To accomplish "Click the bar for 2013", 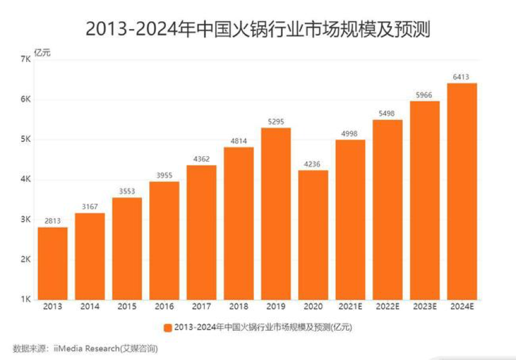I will tap(52, 263).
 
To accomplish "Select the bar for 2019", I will tap(276, 213).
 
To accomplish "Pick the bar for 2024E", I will tap(462, 191).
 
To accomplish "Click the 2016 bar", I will tap(164, 240).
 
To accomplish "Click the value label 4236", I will tap(313, 163).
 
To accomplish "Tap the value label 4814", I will tap(239, 140).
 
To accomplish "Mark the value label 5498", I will tap(387, 113).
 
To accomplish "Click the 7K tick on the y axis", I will tap(25, 59).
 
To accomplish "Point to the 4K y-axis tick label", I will tap(25, 179).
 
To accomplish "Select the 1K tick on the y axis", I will tap(25, 300).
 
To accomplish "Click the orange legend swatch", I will tap(167, 327).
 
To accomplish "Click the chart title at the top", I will tap(258, 28).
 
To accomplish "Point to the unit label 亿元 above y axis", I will tap(42, 52).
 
